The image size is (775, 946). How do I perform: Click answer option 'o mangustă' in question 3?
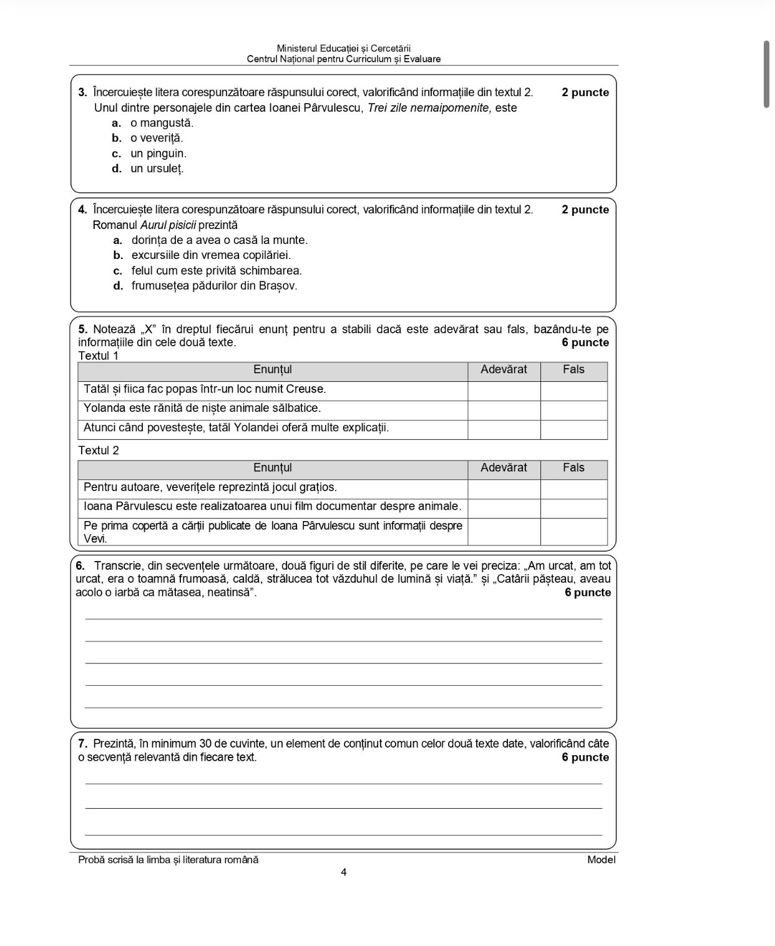click(162, 123)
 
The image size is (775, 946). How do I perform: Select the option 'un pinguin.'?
click(158, 154)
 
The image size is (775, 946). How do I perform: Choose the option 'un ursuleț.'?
click(157, 168)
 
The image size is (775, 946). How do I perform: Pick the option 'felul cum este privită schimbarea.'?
click(216, 271)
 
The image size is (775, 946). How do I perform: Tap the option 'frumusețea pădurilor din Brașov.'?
click(214, 286)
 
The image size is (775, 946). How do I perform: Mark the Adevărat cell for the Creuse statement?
click(504, 390)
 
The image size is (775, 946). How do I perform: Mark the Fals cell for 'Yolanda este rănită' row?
click(573, 409)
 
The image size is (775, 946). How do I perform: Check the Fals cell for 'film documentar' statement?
click(573, 507)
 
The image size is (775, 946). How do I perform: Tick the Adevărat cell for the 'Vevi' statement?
click(504, 532)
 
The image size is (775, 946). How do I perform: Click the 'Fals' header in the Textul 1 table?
click(573, 369)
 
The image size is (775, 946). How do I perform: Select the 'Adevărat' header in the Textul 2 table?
click(504, 468)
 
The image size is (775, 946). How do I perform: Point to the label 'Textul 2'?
click(99, 451)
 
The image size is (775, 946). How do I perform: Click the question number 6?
click(80, 566)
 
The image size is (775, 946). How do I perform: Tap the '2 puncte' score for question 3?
click(585, 92)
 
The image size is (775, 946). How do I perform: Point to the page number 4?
click(344, 872)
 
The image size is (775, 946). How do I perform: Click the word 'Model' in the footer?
click(601, 860)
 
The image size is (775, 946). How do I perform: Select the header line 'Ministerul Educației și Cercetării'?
click(344, 48)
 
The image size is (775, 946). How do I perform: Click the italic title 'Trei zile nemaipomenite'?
click(429, 108)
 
